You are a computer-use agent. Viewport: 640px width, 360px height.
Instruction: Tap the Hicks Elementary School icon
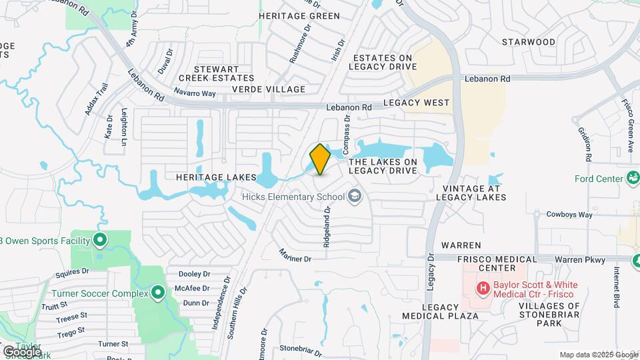tap(355, 196)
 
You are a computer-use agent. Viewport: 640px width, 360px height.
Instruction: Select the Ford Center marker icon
tap(631, 178)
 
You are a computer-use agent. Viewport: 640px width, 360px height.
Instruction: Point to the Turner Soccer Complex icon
tap(158, 293)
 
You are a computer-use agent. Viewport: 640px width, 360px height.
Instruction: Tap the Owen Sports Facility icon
tap(100, 240)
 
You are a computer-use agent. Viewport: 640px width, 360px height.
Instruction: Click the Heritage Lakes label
tap(216, 177)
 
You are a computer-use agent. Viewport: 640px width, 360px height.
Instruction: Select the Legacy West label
tap(417, 103)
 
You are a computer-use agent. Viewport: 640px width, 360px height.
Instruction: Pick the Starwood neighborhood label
tap(529, 42)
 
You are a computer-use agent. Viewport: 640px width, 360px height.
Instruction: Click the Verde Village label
tap(269, 89)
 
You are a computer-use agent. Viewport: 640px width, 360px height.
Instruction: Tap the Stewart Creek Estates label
tap(217, 73)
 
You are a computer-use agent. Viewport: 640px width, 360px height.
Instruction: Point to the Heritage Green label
tap(299, 15)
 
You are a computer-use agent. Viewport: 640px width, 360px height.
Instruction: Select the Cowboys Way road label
tap(569, 215)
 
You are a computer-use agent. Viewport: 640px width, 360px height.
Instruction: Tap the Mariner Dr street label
tap(295, 255)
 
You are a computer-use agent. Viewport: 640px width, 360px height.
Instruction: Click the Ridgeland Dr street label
tap(327, 227)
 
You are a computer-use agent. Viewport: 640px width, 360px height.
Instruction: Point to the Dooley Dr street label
tap(195, 274)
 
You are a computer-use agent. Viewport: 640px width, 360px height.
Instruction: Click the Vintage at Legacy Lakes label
tap(471, 193)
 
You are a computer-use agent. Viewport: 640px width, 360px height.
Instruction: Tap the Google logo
tap(22, 351)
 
